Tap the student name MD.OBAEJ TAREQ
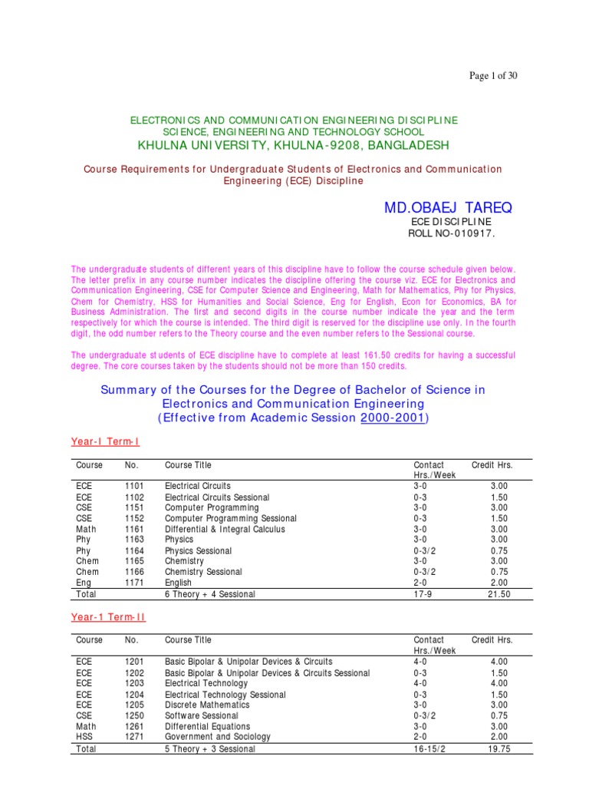[448, 209]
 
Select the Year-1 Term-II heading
[108, 617]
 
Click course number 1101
[134, 487]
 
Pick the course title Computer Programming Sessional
[230, 519]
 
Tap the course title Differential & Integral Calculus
[225, 530]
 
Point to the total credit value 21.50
[499, 595]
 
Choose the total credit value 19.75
[499, 749]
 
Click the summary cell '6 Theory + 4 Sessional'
[209, 595]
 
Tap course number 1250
[134, 715]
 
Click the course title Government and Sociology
[218, 737]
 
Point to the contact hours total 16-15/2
[434, 749]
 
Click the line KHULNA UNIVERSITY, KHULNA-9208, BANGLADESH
[294, 145]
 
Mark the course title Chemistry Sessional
[202, 572]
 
